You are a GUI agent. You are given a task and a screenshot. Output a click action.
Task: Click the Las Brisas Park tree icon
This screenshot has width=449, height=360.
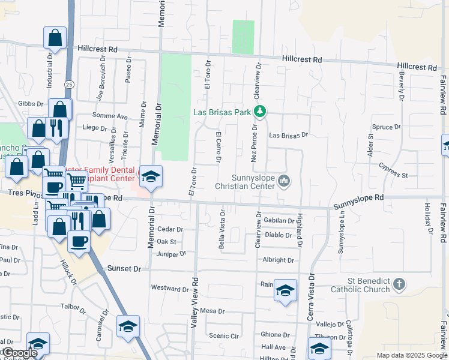pos(260,112)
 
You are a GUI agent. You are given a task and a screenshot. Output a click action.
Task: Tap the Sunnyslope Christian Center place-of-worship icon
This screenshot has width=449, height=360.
pos(285,180)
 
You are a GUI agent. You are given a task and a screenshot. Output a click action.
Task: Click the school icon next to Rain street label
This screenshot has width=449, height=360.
pos(286,291)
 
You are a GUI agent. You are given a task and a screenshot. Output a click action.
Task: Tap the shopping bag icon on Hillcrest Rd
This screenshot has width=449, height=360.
pos(55,38)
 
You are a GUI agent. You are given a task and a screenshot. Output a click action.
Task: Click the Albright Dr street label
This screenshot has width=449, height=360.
pos(278,260)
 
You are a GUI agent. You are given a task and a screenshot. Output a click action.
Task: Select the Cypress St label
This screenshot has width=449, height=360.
pos(394,175)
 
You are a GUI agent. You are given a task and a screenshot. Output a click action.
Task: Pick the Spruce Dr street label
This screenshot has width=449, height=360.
pos(386,127)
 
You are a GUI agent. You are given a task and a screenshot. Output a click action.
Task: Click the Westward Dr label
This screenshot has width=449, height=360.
pos(170,289)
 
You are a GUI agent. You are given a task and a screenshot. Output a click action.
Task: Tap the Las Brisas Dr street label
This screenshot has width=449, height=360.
pos(288,136)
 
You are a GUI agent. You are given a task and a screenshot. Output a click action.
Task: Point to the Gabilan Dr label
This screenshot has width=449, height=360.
pos(279,221)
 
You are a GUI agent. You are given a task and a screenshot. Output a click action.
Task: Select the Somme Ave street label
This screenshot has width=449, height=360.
pos(110,116)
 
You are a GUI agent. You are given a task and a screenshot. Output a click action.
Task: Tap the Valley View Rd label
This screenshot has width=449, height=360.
pos(194,303)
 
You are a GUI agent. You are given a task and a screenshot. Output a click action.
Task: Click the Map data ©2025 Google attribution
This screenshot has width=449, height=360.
pos(411,355)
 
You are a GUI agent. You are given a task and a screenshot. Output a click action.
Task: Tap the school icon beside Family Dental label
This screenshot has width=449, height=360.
pos(151,176)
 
